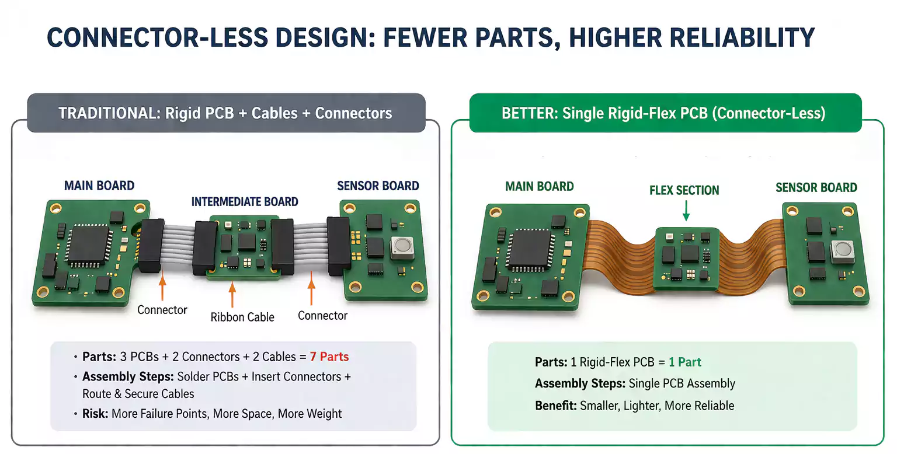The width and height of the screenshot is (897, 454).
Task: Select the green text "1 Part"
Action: tap(685, 362)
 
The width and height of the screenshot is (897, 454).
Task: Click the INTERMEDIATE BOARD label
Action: tap(245, 202)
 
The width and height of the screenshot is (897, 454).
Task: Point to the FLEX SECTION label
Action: tap(684, 190)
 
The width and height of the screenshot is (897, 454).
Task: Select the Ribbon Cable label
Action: tap(242, 317)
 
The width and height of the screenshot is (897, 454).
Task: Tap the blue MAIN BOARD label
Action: tap(99, 186)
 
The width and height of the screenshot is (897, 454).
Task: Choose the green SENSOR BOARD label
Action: tap(816, 187)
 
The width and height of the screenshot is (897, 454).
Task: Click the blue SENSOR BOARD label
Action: tap(378, 186)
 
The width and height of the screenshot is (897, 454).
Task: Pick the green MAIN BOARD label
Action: tap(539, 187)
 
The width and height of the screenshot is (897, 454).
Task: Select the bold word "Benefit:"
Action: tap(555, 406)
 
